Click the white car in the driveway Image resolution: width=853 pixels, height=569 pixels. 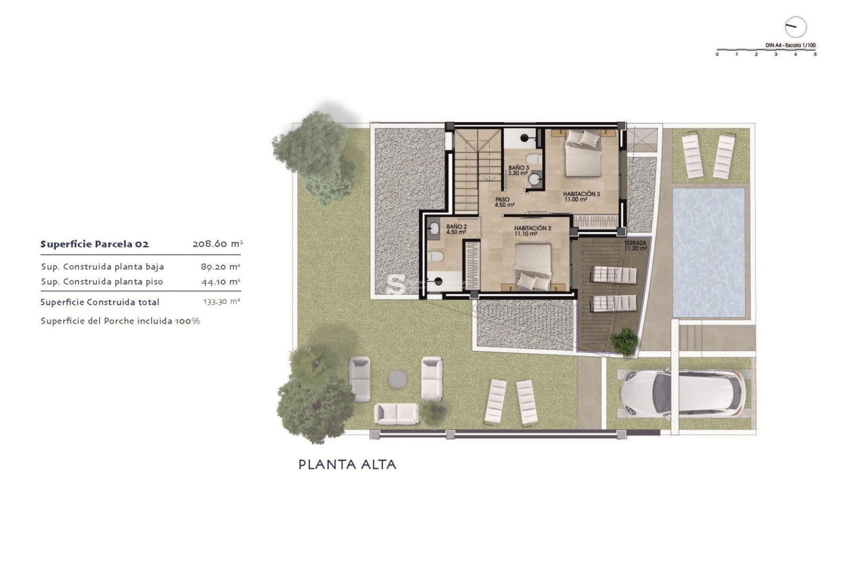coord(682,393)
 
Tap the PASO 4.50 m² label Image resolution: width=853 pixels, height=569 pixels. coord(504,202)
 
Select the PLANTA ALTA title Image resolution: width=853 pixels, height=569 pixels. coord(347,465)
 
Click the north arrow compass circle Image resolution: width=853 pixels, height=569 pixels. coord(795,27)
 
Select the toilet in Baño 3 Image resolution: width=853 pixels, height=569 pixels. coord(534,159)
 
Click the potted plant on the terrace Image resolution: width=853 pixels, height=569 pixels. coord(624,341)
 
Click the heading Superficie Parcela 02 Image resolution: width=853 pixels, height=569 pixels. coord(95,244)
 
